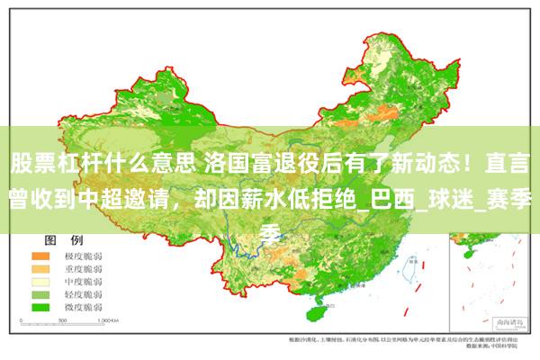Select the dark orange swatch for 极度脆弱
point(42,256)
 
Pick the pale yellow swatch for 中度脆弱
point(42,282)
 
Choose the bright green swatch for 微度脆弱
point(42,307)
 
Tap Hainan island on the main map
point(316,315)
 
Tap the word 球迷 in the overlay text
point(463,201)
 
